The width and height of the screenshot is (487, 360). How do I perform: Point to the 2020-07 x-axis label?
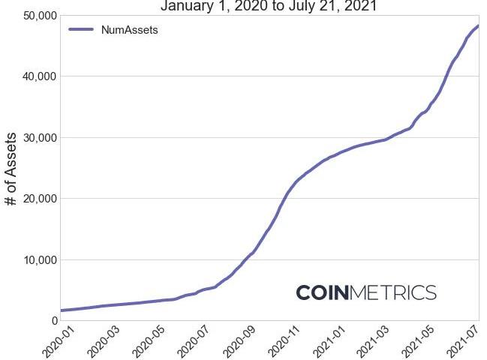click(x=191, y=340)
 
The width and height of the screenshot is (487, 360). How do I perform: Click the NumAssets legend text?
click(x=129, y=30)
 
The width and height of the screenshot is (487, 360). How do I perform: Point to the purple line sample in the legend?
click(x=81, y=30)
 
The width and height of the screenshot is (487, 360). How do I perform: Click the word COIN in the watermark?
click(x=323, y=292)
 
